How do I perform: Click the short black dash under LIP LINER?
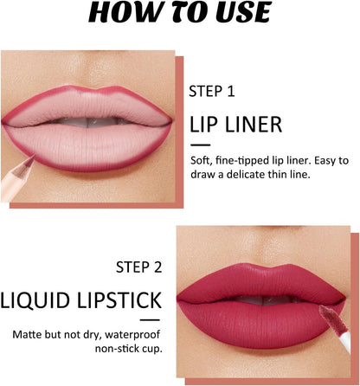click(200, 145)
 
